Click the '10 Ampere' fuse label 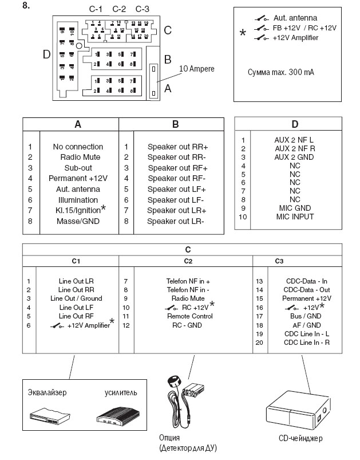tap(197, 69)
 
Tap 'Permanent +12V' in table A tap(78, 178)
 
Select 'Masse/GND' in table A tap(78, 221)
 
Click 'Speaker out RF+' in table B tap(177, 168)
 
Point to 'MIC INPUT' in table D tap(294, 216)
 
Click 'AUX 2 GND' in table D tap(294, 156)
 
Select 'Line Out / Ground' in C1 tap(76, 298)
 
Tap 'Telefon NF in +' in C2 tap(188, 281)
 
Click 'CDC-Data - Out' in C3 tap(307, 290)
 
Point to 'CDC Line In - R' tap(307, 342)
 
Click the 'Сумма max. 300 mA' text tap(280, 73)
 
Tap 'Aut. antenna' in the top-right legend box tap(295, 18)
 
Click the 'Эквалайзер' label tap(48, 392)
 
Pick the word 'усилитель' tap(121, 392)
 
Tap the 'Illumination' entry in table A tap(78, 199)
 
